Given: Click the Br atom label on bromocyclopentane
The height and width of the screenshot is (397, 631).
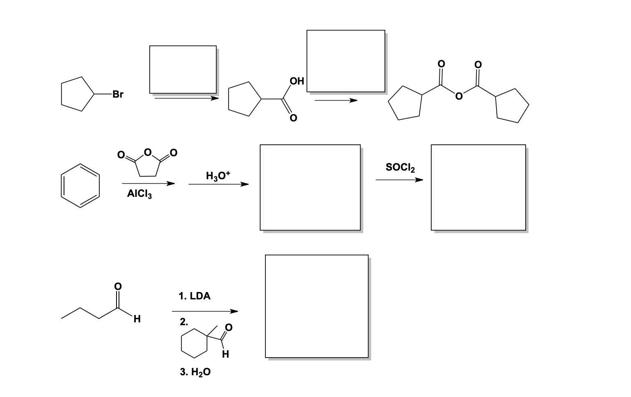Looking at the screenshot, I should [x=117, y=94].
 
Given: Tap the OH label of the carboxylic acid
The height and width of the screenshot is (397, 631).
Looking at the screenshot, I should [x=297, y=81].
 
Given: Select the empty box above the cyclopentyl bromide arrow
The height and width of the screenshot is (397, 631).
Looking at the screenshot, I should [x=183, y=69].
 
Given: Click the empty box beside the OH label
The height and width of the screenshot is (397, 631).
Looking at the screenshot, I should [x=345, y=61].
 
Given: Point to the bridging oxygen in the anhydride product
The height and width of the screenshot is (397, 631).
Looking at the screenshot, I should [x=459, y=97].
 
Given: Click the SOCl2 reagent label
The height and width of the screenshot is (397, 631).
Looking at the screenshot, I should [x=400, y=167].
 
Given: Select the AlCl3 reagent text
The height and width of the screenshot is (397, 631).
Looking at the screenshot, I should [x=139, y=194].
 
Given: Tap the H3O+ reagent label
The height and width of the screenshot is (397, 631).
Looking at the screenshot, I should [x=218, y=176].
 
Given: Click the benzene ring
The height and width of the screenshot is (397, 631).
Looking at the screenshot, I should [x=80, y=185].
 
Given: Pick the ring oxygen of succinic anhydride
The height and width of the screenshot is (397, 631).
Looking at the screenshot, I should [x=147, y=153].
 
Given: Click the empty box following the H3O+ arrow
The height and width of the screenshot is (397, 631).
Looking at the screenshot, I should [x=310, y=187].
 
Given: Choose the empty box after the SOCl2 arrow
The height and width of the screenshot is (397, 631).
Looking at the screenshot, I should [x=478, y=187].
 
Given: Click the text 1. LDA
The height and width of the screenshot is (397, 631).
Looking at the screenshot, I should [x=194, y=296].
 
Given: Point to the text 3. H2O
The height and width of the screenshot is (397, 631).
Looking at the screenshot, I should [x=195, y=372].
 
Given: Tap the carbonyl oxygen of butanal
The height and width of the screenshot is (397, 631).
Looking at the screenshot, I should [x=117, y=286].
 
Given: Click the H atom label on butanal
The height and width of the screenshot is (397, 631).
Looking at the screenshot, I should [x=137, y=319].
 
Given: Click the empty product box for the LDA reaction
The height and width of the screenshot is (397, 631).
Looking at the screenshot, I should [x=316, y=306].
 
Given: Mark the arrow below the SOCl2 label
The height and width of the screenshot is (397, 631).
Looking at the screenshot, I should [x=399, y=180].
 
